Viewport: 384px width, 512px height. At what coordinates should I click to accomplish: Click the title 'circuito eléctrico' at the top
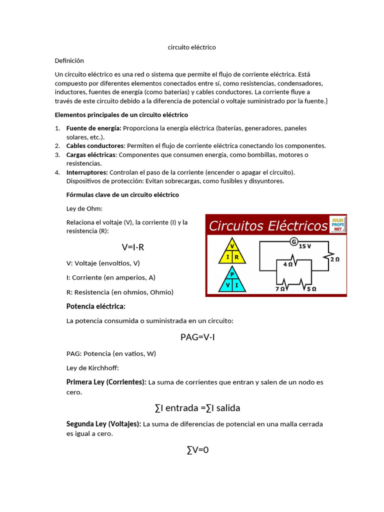click(x=191, y=47)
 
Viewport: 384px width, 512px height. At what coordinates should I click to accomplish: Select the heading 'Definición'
click(x=69, y=60)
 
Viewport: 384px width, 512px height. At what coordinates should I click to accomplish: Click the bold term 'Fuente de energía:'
click(x=93, y=128)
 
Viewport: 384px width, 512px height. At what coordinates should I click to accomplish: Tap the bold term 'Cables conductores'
click(x=95, y=146)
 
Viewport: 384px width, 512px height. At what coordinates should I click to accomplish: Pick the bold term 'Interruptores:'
click(x=87, y=172)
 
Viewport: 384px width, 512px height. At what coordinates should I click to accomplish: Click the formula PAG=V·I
click(x=197, y=337)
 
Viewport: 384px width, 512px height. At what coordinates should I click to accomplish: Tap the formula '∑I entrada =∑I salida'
click(x=197, y=408)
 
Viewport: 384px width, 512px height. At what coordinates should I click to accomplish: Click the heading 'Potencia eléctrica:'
click(x=96, y=306)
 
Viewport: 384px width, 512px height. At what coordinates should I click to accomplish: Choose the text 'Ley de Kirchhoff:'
click(x=92, y=368)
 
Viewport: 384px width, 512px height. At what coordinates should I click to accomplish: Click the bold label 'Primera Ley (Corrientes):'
click(x=106, y=382)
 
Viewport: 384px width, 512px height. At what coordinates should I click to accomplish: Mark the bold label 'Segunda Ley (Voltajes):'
click(x=103, y=424)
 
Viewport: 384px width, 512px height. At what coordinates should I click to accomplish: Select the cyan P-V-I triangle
click(x=231, y=280)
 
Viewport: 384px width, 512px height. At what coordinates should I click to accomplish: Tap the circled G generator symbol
click(x=294, y=242)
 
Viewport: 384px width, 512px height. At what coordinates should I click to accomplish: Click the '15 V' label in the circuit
click(x=305, y=246)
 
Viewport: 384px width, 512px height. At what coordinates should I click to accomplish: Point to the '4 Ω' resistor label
click(x=288, y=264)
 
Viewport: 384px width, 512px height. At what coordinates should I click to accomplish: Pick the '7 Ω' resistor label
click(x=280, y=289)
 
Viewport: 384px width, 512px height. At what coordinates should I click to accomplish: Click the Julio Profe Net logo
click(x=338, y=224)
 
